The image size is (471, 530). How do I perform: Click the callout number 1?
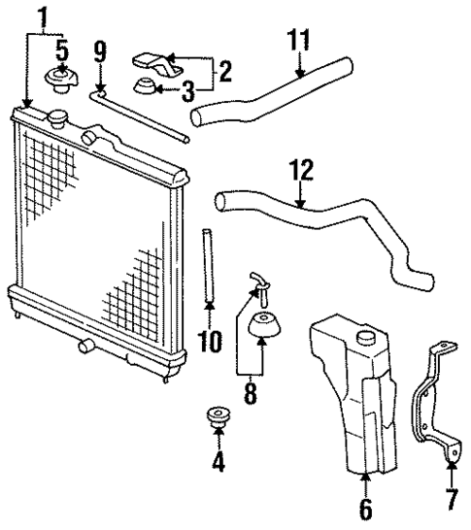pos(41,16)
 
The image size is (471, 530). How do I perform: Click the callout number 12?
pos(302,172)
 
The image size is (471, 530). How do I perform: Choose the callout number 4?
pos(219,462)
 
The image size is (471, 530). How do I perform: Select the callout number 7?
pos(452,501)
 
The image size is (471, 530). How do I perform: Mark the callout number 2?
pos(224,71)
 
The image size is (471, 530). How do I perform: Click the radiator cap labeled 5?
pos(61,80)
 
